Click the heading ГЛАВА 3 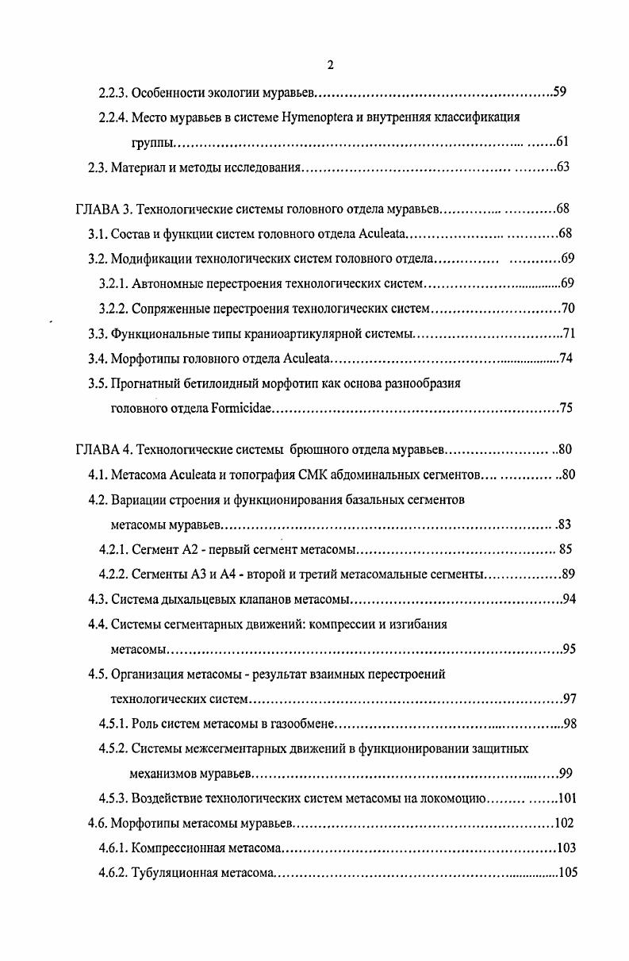click(102, 209)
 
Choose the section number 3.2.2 click(113, 309)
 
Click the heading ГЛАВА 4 click(102, 450)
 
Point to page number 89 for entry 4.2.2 click(568, 575)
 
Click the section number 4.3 click(97, 599)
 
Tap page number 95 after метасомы click(568, 649)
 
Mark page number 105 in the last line click(568, 873)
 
